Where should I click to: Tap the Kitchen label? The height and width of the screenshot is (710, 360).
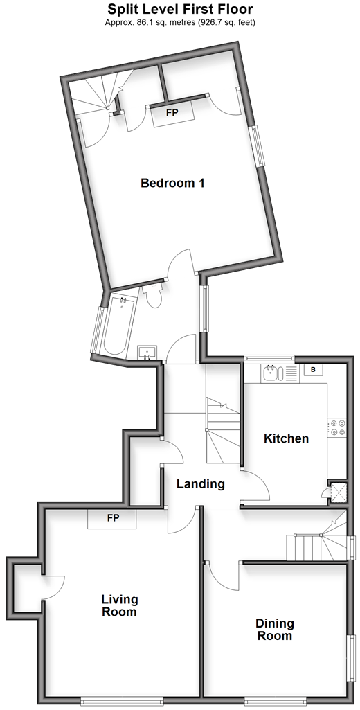(286, 438)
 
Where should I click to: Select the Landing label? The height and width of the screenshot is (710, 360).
(201, 484)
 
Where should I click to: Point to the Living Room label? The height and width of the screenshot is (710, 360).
(119, 606)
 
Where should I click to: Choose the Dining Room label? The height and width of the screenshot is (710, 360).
(275, 630)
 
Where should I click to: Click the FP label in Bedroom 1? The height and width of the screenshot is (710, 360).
(172, 113)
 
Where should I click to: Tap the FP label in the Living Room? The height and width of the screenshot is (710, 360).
(113, 518)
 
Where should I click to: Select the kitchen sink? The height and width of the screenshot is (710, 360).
(273, 373)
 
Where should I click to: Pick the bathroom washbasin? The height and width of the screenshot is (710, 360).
(147, 352)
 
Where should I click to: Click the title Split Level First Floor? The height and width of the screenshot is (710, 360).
(180, 8)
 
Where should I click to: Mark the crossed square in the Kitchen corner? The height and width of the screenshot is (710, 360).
(339, 491)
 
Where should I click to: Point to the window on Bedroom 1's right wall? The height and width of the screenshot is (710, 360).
(258, 145)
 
